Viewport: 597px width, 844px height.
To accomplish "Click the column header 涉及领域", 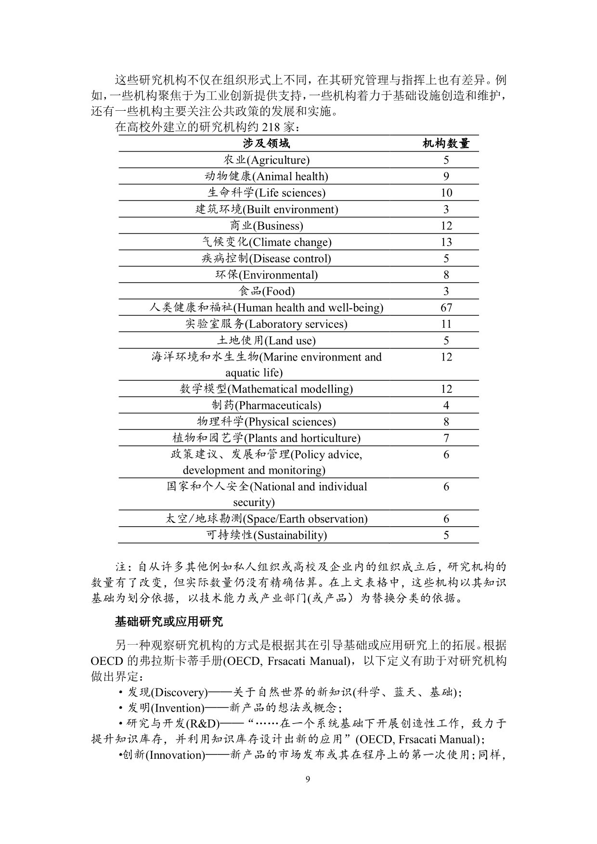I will point(266,143).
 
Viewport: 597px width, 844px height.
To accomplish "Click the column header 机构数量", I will point(446,143).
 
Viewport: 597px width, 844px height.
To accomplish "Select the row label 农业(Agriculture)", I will point(266,160).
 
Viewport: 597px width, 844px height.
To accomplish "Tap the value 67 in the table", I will point(446,308).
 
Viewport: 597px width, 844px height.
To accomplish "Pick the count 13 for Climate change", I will point(446,242).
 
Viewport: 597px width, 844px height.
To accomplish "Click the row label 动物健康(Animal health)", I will point(266,176).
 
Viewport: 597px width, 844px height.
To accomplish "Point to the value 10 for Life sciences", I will point(446,193).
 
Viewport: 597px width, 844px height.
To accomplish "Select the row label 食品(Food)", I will point(266,291).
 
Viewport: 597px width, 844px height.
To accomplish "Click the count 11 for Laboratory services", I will point(446,324).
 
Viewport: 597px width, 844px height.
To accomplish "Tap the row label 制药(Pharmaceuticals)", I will point(266,405).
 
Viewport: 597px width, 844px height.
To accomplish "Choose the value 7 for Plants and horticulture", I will point(446,438).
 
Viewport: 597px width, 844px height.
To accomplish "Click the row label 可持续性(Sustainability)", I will point(266,535).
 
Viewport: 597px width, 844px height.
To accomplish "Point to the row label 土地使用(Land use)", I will point(266,340).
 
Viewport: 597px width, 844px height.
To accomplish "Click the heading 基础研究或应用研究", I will point(169,622).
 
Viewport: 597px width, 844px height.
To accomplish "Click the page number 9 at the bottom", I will point(308,780).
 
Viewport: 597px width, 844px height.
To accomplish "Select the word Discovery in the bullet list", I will point(179,693).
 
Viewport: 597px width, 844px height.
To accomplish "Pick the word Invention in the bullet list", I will point(178,708).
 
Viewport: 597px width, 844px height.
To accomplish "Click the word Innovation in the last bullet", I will point(175,755).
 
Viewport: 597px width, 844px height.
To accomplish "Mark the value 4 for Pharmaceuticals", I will point(446,405).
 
